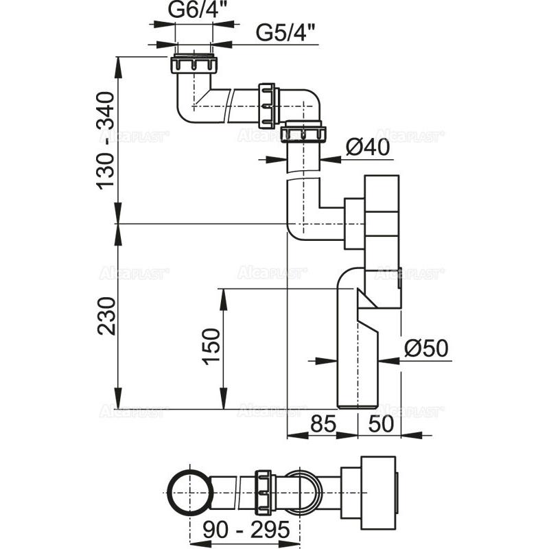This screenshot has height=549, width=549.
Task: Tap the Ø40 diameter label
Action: [x=368, y=146]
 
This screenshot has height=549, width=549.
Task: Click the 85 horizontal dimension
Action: [x=322, y=424]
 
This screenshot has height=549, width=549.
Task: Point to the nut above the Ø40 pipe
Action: [x=303, y=132]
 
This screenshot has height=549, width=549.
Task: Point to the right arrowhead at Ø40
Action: [x=327, y=159]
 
